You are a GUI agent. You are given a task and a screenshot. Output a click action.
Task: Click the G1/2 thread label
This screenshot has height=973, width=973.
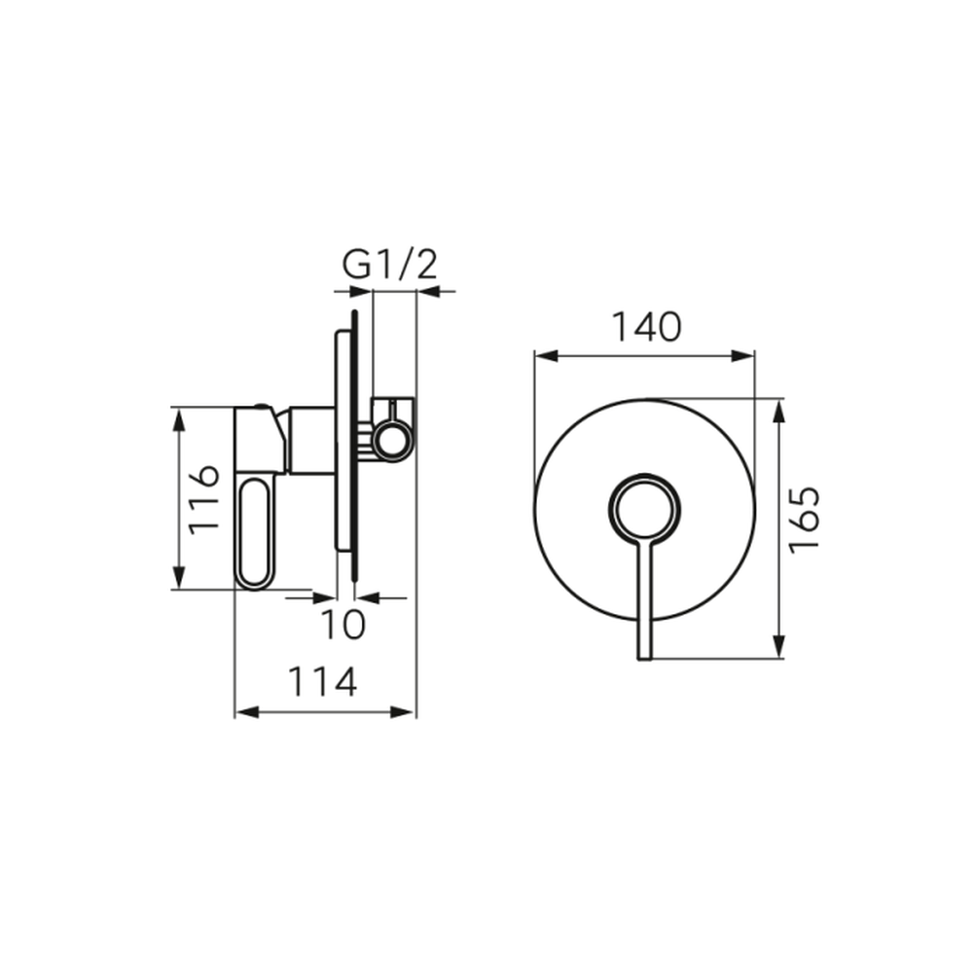[390, 265]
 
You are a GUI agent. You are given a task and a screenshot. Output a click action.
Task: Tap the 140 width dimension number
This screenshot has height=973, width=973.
[647, 327]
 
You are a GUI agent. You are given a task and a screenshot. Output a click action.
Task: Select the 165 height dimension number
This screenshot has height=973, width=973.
[805, 520]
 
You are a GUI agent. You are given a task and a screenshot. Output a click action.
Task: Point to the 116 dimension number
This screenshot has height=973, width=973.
[203, 499]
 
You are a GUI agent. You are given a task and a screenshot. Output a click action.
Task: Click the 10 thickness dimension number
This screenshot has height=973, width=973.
[343, 625]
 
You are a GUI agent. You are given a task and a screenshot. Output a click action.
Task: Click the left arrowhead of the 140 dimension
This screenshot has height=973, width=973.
[546, 356]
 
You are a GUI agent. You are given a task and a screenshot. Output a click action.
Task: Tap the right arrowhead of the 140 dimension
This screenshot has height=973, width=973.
[742, 356]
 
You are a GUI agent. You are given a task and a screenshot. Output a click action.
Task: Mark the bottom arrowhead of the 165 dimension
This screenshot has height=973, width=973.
[780, 646]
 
